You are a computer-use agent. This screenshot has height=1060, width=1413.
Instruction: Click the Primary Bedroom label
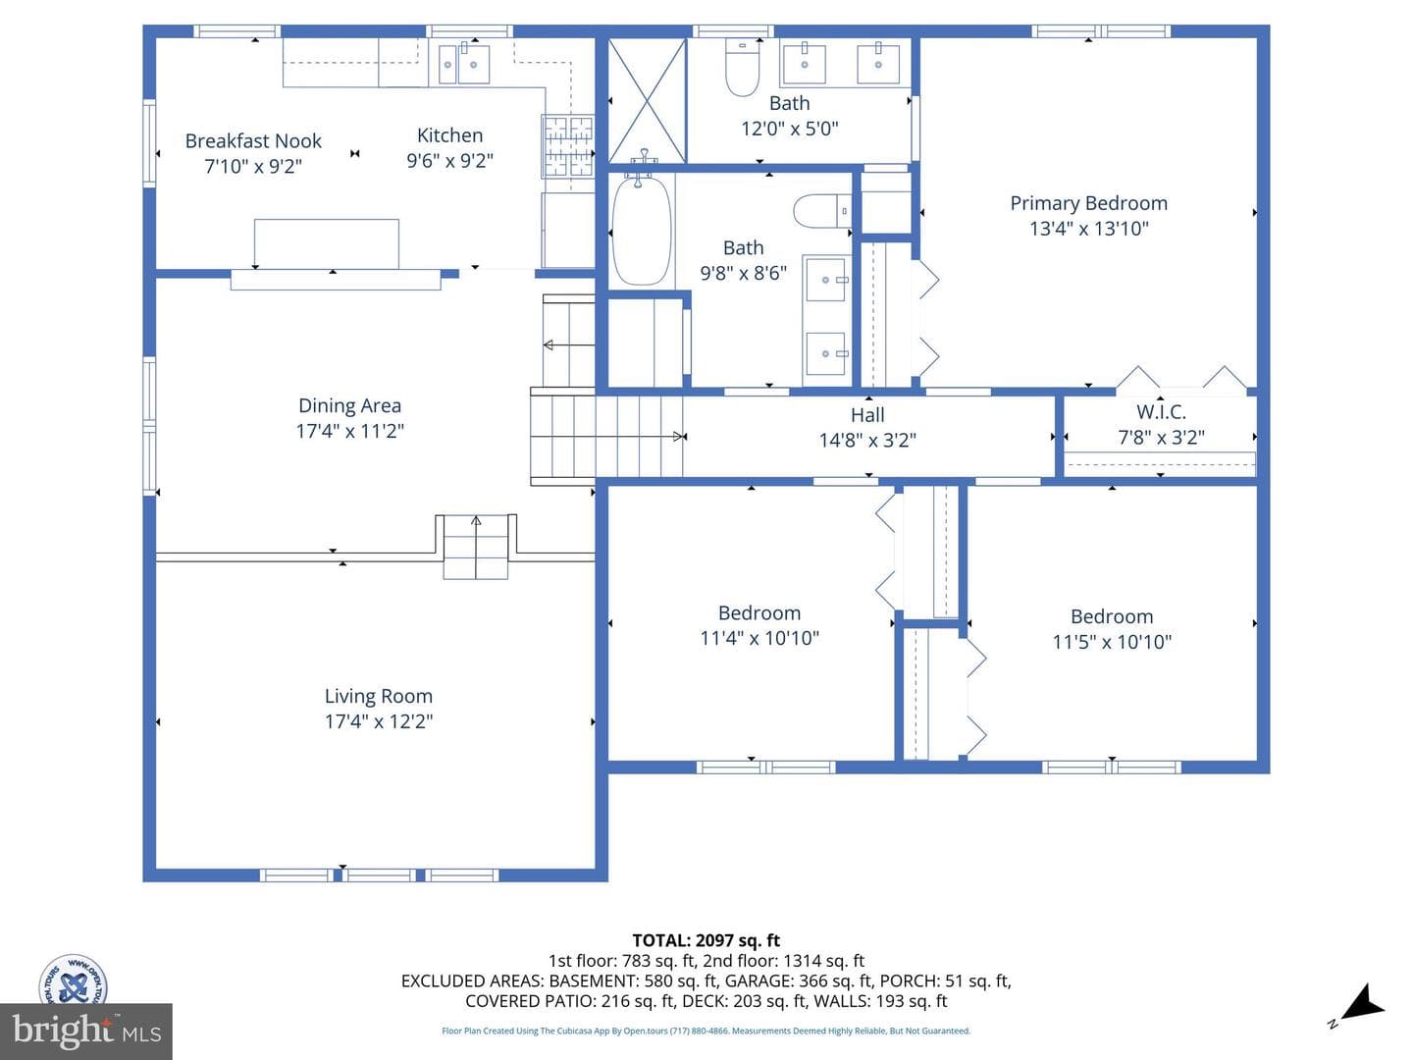tap(1088, 203)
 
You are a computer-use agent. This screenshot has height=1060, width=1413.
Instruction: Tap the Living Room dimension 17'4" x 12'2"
tap(379, 721)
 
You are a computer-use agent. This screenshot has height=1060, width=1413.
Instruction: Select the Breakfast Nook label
tap(253, 141)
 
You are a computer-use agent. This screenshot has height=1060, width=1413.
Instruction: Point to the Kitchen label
tap(450, 135)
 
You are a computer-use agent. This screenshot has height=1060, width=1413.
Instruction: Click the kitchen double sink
tap(464, 64)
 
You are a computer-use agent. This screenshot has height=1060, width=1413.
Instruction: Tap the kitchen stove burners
tap(568, 146)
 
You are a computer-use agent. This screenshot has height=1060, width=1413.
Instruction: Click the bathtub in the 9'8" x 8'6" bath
tap(641, 230)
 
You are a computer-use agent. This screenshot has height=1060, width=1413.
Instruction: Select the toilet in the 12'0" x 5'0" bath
tap(742, 67)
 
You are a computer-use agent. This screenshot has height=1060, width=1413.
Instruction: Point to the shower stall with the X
tap(647, 100)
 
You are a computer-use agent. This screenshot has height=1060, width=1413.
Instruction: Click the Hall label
tap(867, 415)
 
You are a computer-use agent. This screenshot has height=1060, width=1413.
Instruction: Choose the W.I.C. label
tap(1161, 412)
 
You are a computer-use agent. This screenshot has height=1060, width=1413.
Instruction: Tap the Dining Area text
tap(349, 405)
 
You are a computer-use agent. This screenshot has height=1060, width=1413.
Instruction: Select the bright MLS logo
tap(86, 1032)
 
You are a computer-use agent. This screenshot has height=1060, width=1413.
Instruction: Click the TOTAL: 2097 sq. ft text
tap(706, 941)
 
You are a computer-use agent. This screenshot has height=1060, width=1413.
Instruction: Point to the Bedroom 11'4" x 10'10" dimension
tap(759, 638)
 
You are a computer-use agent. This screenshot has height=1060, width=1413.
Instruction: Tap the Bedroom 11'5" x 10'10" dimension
tap(1112, 642)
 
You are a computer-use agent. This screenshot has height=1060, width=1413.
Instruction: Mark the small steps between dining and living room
tap(476, 547)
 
